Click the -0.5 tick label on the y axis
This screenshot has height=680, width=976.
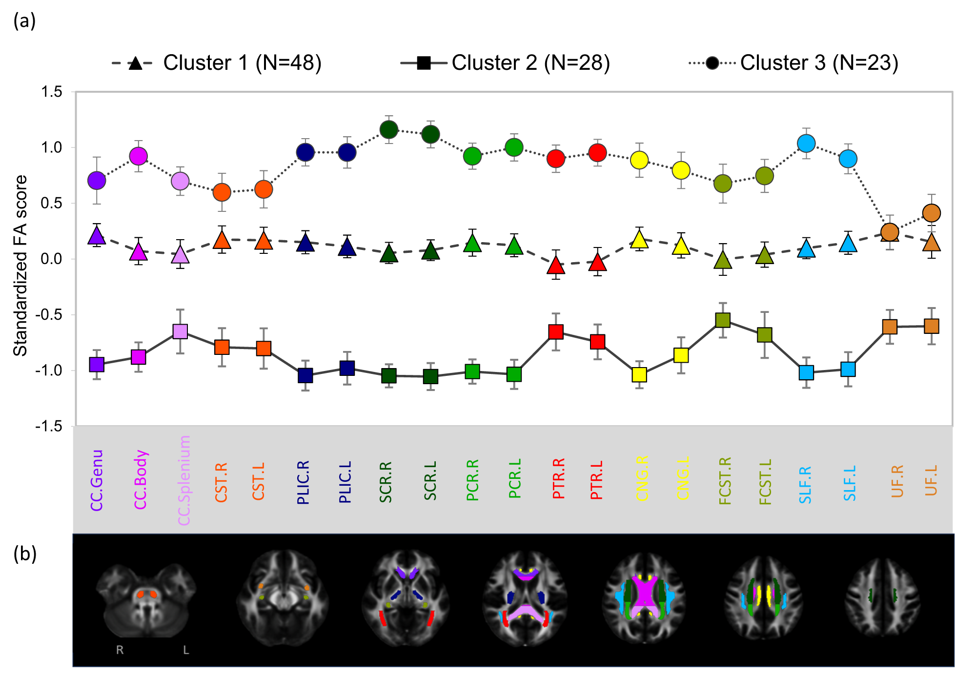pos(49,314)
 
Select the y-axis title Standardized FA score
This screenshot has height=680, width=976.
pos(20,266)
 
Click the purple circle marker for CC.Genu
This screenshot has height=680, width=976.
pos(97,181)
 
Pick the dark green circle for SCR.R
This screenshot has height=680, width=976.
pos(389,130)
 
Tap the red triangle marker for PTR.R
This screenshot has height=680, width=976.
pos(556,266)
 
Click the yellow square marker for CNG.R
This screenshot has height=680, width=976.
pos(639,374)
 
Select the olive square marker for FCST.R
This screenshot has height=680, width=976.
pos(723,320)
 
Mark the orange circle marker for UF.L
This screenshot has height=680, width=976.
pos(932,213)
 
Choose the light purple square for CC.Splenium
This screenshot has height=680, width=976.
pos(180,331)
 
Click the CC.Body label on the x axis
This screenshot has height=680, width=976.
pos(141,480)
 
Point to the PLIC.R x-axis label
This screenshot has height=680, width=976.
pos(303,482)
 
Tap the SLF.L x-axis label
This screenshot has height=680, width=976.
pos(850,483)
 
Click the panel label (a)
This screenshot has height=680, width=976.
pos(24,21)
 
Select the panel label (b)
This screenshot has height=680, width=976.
pos(25,554)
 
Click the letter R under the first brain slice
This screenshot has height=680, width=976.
pos(120,650)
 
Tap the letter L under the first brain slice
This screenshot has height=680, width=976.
pos(186,650)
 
